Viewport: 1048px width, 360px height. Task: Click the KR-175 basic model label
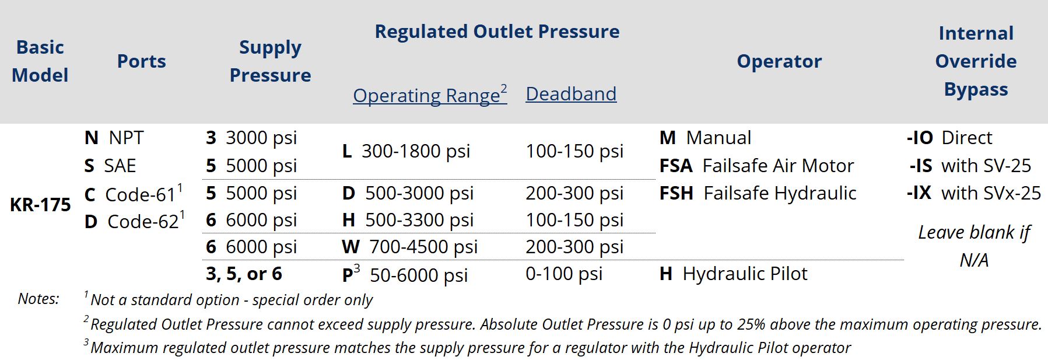point(40,205)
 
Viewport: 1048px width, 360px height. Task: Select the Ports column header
point(141,61)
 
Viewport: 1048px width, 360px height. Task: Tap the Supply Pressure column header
point(270,61)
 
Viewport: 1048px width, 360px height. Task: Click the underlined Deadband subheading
point(571,94)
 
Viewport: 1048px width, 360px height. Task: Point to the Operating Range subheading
point(430,95)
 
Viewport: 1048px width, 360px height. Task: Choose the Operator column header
point(779,61)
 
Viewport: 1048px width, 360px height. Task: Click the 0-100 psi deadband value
point(564,274)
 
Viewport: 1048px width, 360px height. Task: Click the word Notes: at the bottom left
point(38,299)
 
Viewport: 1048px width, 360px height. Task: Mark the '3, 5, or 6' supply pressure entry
point(244,274)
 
